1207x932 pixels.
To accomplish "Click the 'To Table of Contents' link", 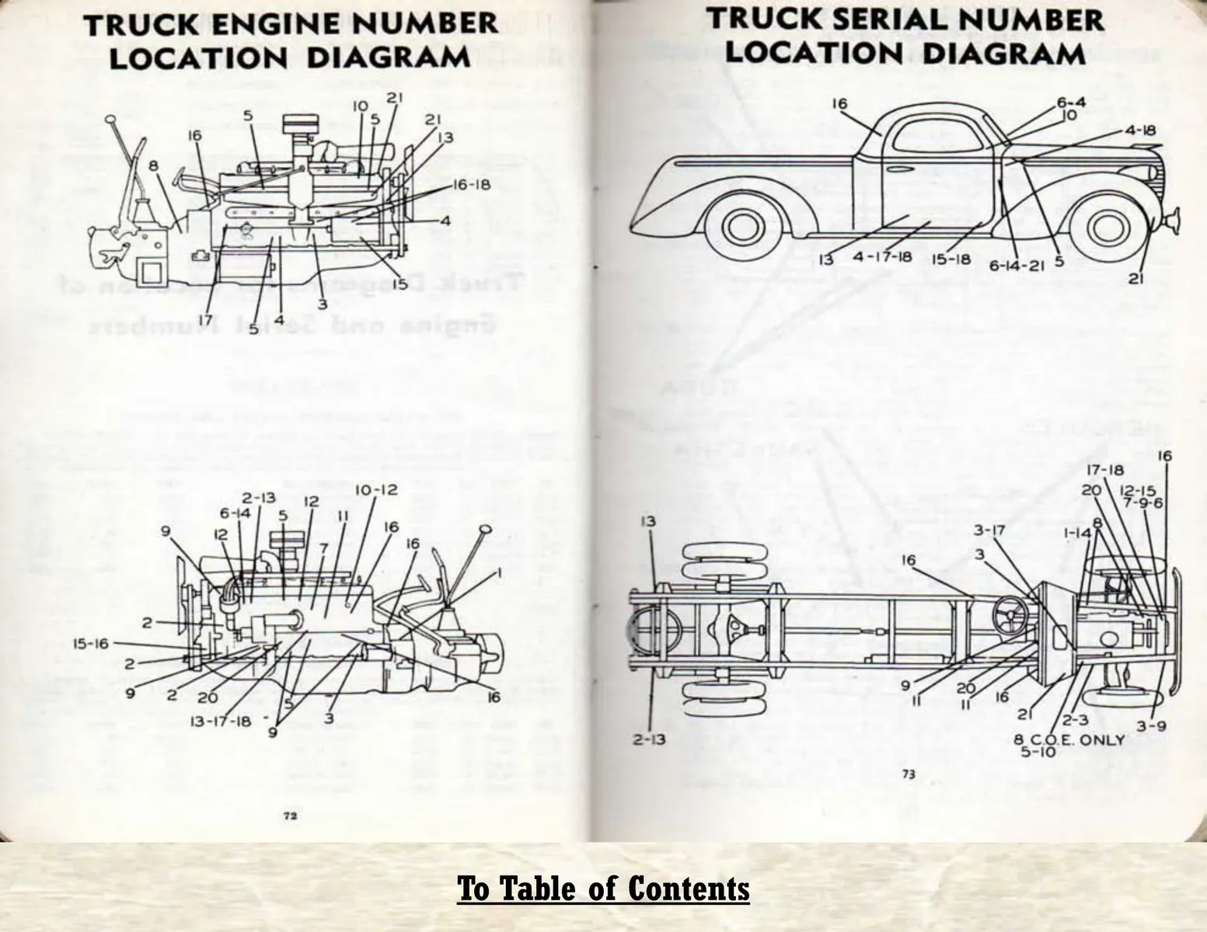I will point(603,889).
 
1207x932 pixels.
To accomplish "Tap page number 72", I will point(290,815).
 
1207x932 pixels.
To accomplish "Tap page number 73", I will point(909,774).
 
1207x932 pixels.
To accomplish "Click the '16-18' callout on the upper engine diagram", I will point(472,186).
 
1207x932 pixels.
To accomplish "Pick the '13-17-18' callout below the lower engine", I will point(221,720).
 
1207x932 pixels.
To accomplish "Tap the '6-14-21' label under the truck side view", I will point(1017,265).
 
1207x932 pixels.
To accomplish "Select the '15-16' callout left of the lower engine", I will point(91,643).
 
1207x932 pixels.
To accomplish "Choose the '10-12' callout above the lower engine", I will point(376,490).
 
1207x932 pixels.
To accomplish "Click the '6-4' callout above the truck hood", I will point(1071,103).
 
